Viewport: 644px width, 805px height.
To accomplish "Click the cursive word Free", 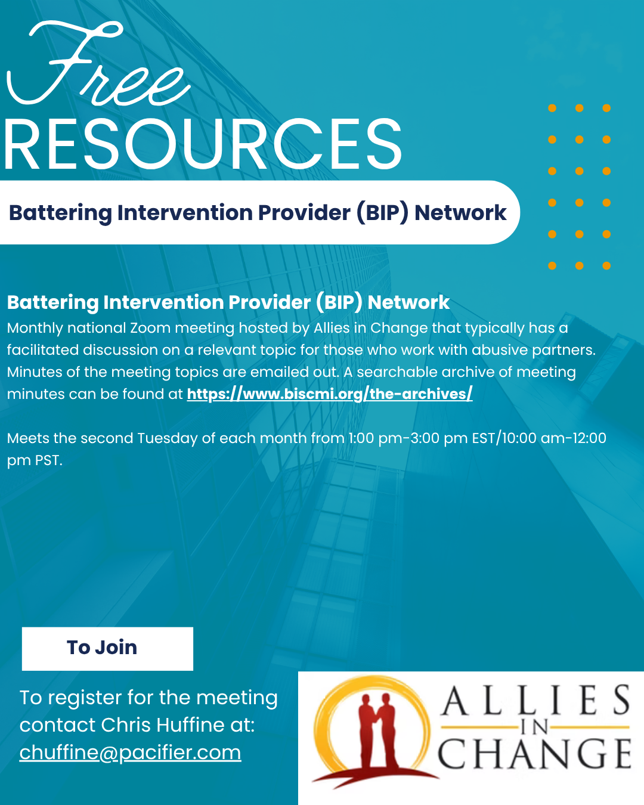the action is click(x=98, y=64).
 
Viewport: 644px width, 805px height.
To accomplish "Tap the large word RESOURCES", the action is click(x=203, y=144).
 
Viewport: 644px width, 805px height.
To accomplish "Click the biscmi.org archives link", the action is click(x=330, y=394).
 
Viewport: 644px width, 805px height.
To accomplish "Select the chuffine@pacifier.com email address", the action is click(x=130, y=753).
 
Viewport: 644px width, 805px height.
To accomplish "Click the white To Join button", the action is click(x=107, y=649).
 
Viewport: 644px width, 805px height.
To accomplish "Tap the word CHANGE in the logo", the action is click(x=535, y=754).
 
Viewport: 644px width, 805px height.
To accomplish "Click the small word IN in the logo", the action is click(x=534, y=727).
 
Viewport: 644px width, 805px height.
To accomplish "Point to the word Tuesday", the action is click(x=168, y=439).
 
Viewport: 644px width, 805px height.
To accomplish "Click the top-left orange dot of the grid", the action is click(x=552, y=108).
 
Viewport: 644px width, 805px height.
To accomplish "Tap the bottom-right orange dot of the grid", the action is click(x=606, y=265).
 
